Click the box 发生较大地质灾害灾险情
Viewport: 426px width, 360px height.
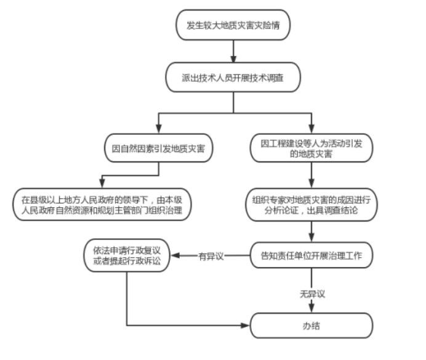pos(233,25)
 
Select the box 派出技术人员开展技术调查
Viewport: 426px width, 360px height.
pos(233,78)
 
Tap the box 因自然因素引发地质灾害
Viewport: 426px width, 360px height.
pos(159,148)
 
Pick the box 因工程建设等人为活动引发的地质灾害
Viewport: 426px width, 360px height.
pos(311,148)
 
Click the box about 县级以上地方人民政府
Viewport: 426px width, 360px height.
pos(102,204)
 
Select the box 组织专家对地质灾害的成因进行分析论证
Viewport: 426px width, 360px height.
pos(311,204)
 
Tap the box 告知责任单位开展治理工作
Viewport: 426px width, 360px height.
pos(311,255)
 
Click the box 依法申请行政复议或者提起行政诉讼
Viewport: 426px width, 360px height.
pos(127,255)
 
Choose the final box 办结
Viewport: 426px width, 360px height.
pos(311,326)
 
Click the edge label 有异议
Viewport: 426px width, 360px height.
pos(211,256)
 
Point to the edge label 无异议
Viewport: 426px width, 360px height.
pos(312,294)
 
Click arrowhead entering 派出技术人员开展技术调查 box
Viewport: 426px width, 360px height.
pos(233,59)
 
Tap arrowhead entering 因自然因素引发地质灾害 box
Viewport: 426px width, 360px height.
pos(159,129)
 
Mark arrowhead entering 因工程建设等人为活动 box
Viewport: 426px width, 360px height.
pos(311,129)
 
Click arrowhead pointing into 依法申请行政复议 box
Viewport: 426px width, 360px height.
pos(175,255)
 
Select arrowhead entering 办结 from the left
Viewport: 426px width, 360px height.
pos(246,326)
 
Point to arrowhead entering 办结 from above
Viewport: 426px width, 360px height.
pos(311,308)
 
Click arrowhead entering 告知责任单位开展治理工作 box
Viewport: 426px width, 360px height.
pos(311,238)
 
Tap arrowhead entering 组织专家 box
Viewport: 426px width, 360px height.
pos(311,183)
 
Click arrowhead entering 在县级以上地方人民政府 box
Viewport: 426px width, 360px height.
pos(102,183)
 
